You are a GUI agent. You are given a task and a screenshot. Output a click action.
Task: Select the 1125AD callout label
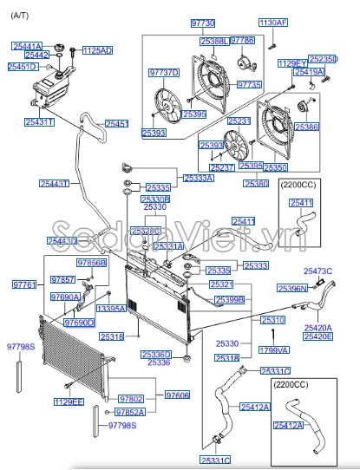(x=97, y=50)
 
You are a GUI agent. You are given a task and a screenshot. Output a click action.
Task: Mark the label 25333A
(x=199, y=178)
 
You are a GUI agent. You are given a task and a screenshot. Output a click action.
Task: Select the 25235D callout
(x=323, y=59)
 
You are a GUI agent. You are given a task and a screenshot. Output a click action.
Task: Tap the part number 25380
(x=257, y=184)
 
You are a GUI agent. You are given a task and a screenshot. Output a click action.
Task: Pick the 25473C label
(x=317, y=271)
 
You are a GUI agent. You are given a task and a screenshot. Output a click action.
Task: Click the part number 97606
(x=177, y=395)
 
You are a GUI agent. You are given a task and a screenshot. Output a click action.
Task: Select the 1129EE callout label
(x=69, y=401)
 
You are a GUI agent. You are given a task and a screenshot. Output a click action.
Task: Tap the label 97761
(x=24, y=284)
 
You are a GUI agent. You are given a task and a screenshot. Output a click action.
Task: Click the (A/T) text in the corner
(x=16, y=7)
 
